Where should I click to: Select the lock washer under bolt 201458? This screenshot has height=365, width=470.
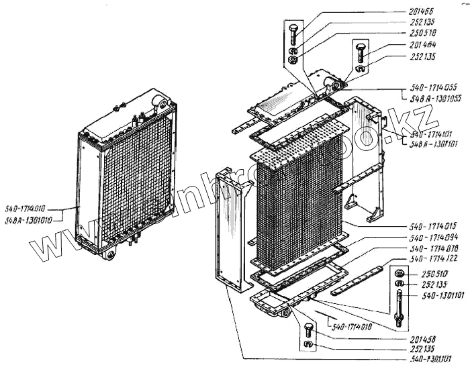click(308, 345)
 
